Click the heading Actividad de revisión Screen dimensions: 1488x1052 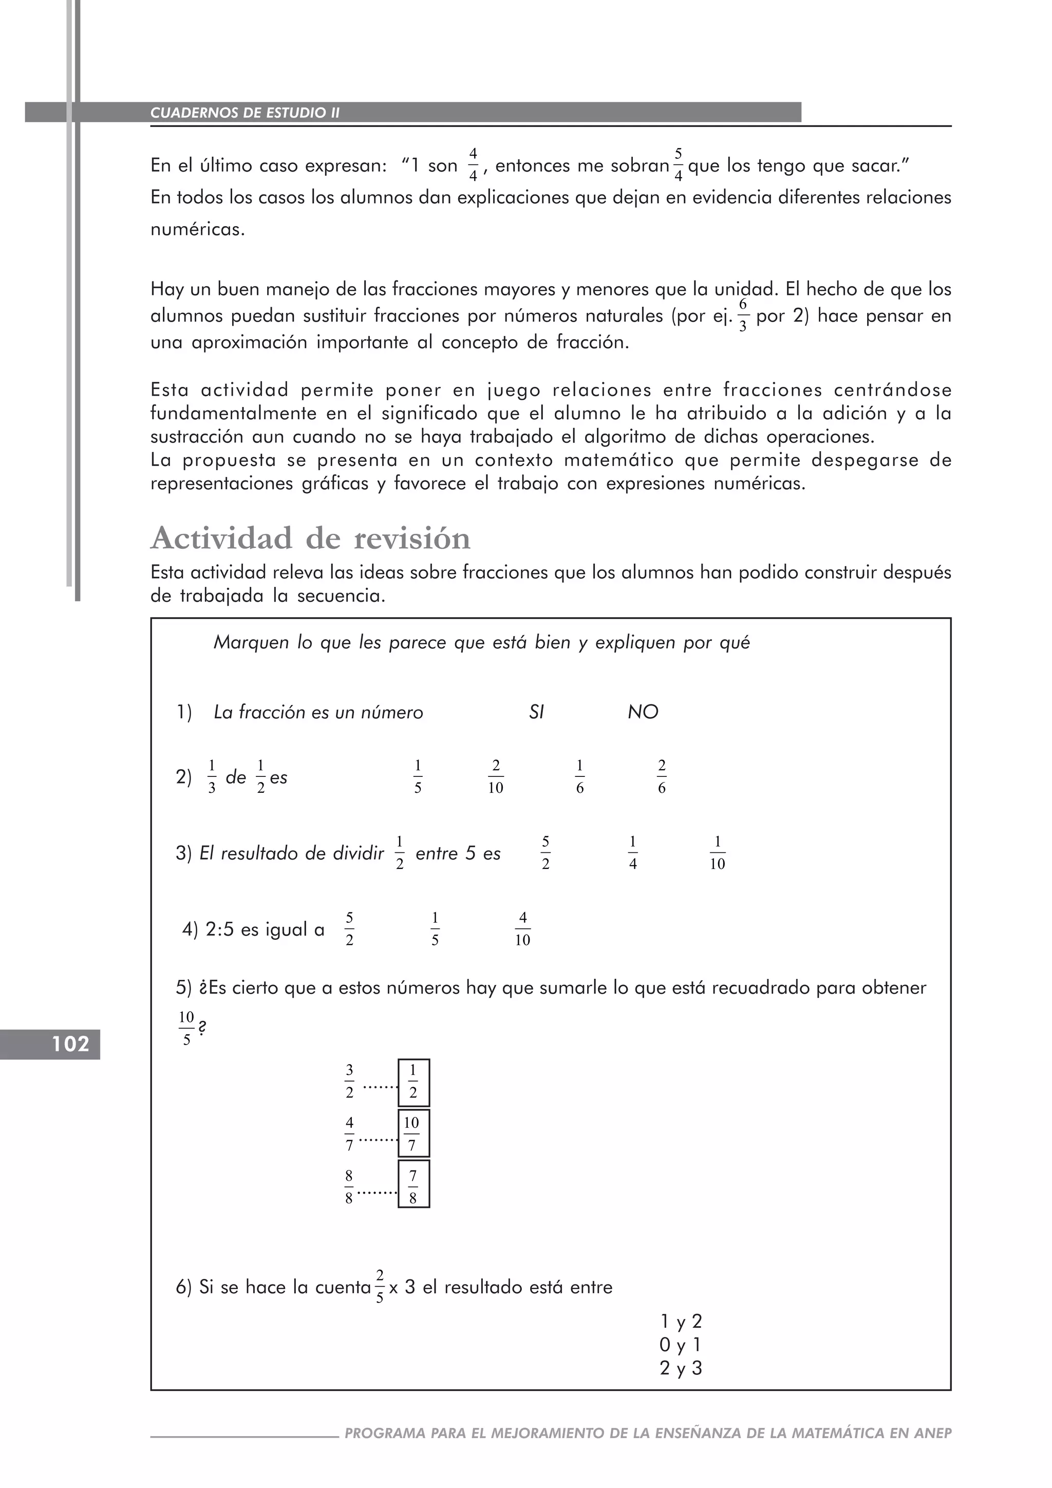tap(310, 538)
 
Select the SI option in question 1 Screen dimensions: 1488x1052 tap(536, 712)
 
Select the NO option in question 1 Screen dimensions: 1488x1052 tap(643, 712)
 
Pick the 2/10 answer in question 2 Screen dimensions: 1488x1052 tap(496, 776)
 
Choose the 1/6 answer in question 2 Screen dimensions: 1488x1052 tap(580, 776)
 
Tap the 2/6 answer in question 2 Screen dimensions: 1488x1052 tap(662, 776)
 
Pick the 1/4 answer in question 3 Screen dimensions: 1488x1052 tap(633, 853)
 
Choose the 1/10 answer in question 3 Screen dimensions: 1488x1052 tap(717, 853)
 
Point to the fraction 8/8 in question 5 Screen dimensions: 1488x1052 tap(349, 1186)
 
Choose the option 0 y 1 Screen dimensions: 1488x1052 tap(680, 1346)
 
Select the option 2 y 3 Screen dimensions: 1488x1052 tap(680, 1369)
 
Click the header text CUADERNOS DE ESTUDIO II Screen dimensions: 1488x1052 tap(245, 113)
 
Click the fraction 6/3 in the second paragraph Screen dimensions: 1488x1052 tap(743, 315)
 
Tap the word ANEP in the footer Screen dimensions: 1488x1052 tap(933, 1433)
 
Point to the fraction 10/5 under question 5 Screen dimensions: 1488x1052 tap(186, 1029)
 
